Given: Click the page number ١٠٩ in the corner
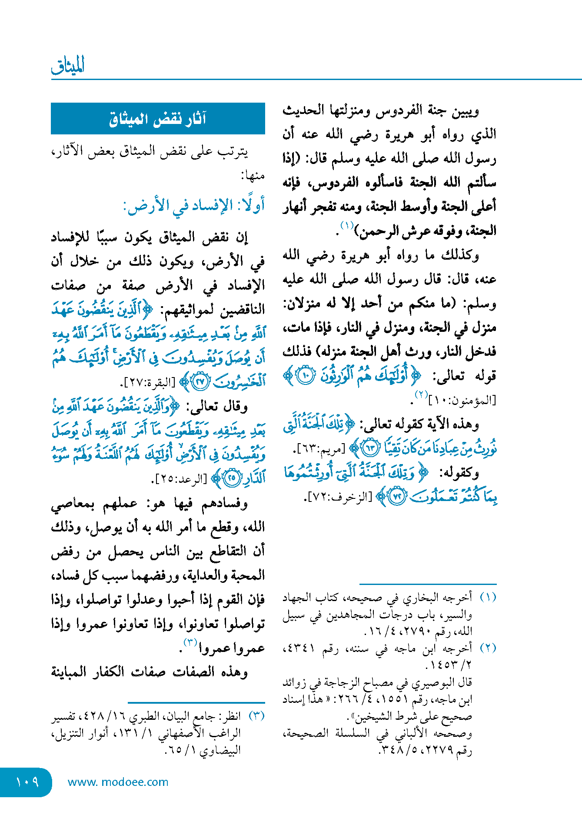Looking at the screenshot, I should pos(27,782).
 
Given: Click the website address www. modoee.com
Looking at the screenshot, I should pos(118,782).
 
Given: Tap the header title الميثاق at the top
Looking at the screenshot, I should pos(68,65).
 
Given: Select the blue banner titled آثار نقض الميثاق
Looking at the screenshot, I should pos(158,118).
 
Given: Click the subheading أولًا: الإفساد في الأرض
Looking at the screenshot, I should pos(194,205).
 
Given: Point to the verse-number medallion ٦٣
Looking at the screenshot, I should pos(371,448).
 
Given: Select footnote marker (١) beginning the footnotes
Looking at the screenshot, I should pos(488,598).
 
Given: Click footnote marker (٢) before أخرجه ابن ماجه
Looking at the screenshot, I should pos(488,648).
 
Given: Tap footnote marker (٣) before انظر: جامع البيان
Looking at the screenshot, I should pos(256,716).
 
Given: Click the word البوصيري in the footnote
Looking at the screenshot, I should pos(429,682).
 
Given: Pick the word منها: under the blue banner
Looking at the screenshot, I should pos(253,176).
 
